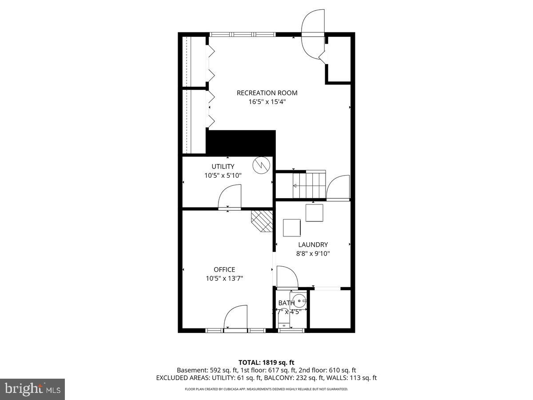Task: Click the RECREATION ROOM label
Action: coord(267,93)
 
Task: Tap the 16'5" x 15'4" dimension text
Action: coord(267,101)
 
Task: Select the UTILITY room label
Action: coord(223,167)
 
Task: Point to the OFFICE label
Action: coord(224,269)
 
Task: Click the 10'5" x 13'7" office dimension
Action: coord(224,278)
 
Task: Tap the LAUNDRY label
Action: coord(313,244)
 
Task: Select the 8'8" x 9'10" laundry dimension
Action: coord(313,253)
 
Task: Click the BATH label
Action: coord(286,303)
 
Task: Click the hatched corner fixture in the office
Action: coord(263,221)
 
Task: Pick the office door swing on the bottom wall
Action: coord(235,317)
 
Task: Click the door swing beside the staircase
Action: coord(337,187)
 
